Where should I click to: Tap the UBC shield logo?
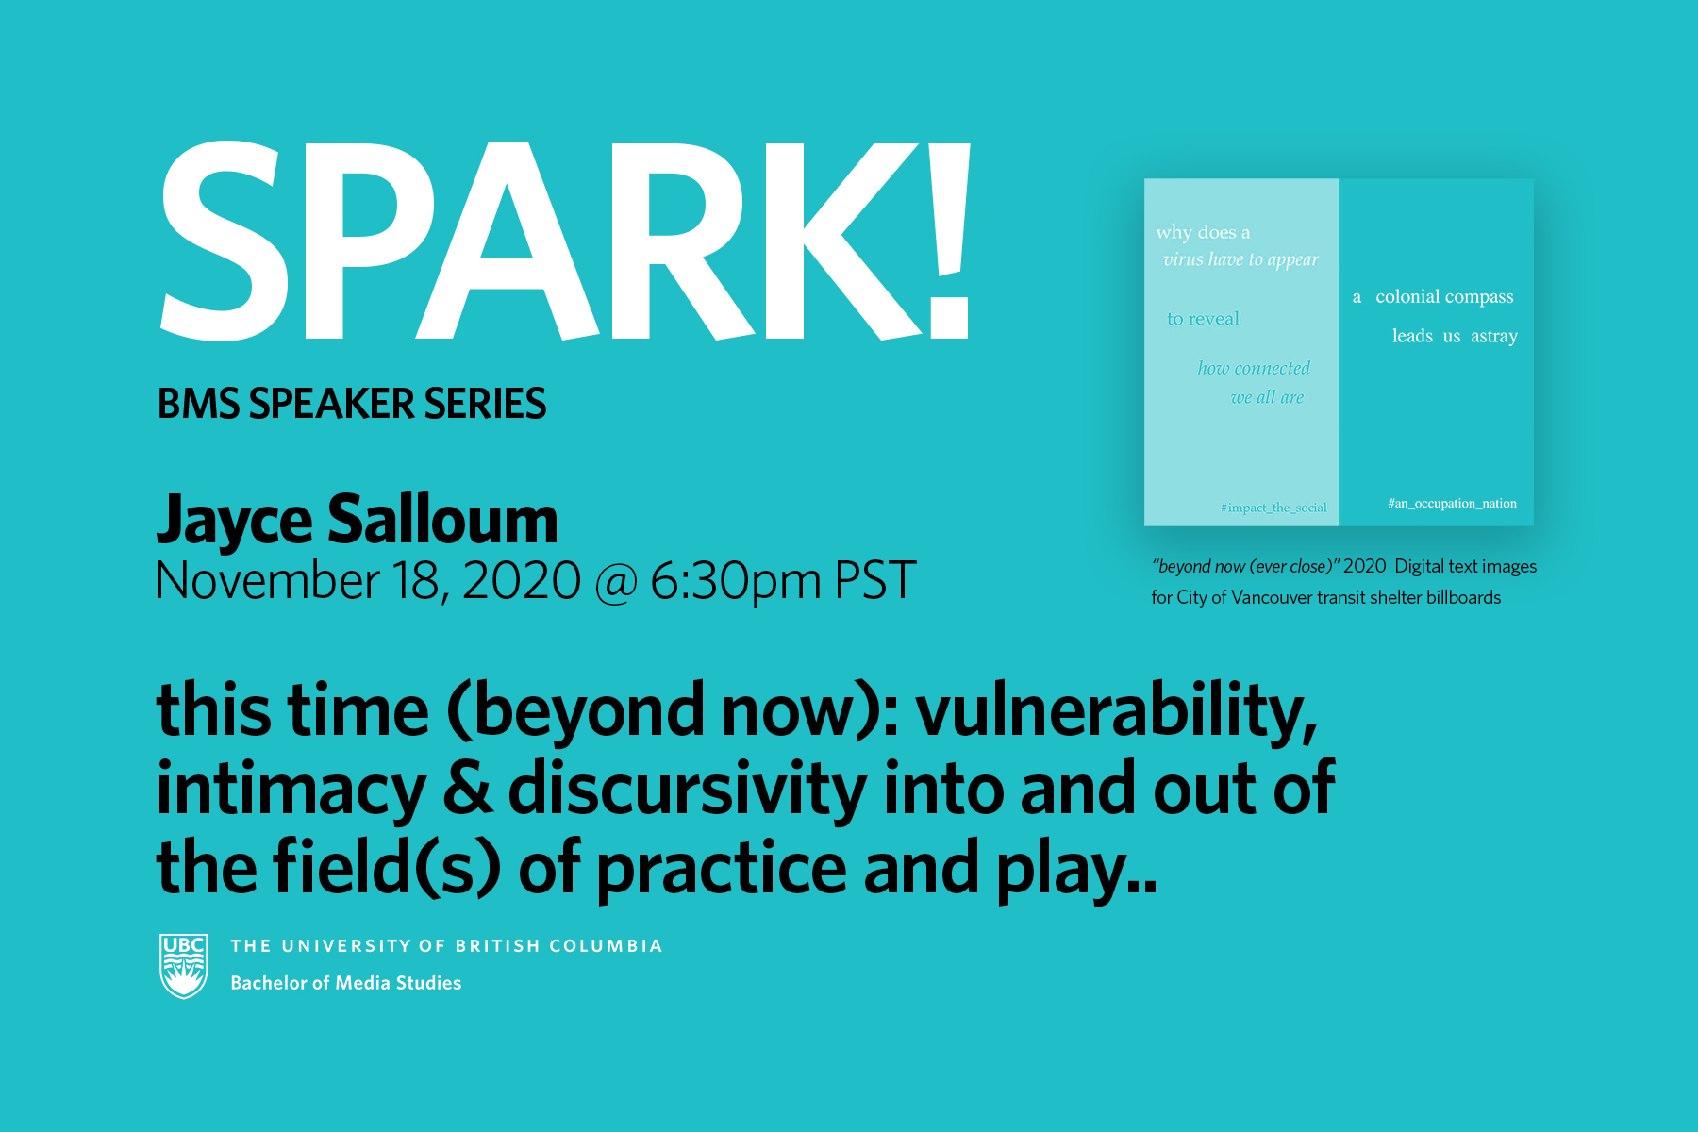tap(184, 966)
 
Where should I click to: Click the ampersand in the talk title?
tap(467, 790)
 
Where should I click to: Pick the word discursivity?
tap(687, 791)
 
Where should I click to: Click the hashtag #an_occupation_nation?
tap(1452, 504)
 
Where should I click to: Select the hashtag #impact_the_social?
tap(1273, 508)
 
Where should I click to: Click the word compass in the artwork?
tap(1478, 298)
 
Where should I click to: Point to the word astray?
tap(1494, 337)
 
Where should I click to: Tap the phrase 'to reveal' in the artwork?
tap(1203, 319)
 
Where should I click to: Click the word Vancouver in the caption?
tap(1272, 597)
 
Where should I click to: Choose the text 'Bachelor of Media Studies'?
tap(346, 983)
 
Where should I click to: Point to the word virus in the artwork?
tap(1183, 259)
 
